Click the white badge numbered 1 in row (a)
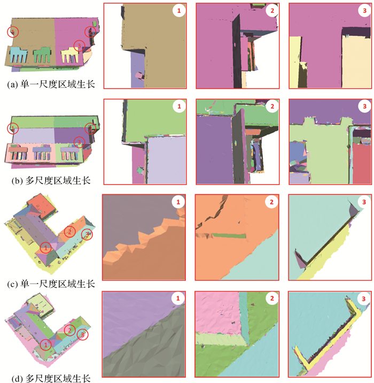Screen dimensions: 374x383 pos(179,11)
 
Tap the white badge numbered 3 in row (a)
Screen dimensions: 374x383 pos(364,11)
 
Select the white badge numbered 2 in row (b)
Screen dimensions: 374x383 pos(272,106)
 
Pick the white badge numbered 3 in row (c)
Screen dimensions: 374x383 pos(364,202)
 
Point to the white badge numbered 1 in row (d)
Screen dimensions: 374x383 pos(178,298)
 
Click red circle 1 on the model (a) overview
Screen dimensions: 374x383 pos(13,32)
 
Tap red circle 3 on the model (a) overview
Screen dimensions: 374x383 pos(79,45)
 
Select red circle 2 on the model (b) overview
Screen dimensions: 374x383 pos(90,128)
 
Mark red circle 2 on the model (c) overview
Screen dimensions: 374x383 pos(70,231)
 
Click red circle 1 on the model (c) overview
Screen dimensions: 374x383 pos(45,248)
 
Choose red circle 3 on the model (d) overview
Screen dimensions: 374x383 pos(82,334)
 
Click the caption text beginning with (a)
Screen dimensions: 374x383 pos(51,85)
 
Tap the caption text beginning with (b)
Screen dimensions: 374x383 pos(51,180)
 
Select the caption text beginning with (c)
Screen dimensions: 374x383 pos(51,284)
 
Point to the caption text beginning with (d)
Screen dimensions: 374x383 pos(51,378)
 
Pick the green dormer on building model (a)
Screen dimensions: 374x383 pos(42,55)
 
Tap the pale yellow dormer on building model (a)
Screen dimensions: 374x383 pos(69,56)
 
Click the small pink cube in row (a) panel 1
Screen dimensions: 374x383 pos(139,75)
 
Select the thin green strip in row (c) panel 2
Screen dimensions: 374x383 pos(229,236)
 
